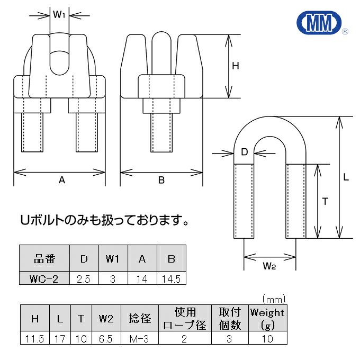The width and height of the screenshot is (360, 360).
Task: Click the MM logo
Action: pyautogui.click(x=319, y=23)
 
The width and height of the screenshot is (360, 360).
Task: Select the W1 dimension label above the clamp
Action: pyautogui.click(x=59, y=15)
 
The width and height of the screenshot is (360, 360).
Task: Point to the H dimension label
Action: pyautogui.click(x=236, y=66)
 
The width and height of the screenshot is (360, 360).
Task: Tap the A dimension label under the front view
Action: pyautogui.click(x=61, y=180)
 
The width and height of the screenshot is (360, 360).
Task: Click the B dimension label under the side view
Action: pyautogui.click(x=161, y=180)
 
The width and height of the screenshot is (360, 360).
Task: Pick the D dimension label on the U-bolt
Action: pyautogui.click(x=245, y=152)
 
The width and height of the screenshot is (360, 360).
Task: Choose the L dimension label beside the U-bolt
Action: pyautogui.click(x=346, y=178)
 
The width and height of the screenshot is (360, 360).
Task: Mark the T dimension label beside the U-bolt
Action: pyautogui.click(x=325, y=201)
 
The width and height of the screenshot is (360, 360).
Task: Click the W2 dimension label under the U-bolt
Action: pyautogui.click(x=269, y=266)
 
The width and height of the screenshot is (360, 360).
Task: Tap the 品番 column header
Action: pyautogui.click(x=45, y=259)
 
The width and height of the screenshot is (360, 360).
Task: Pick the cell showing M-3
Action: pyautogui.click(x=140, y=339)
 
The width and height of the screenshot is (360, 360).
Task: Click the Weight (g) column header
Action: pyautogui.click(x=267, y=319)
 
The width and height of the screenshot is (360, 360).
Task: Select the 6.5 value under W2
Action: pyautogui.click(x=106, y=339)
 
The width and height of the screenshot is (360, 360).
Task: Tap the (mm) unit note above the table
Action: pyautogui.click(x=273, y=299)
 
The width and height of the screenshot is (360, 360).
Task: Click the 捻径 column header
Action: pyautogui.click(x=140, y=319)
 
